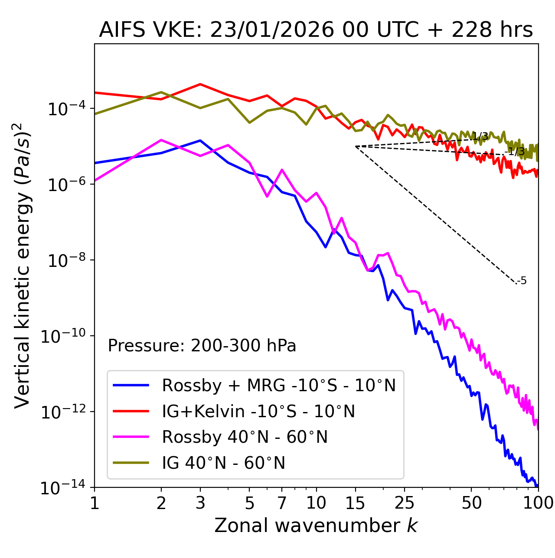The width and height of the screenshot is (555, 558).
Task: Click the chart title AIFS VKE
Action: coord(316,30)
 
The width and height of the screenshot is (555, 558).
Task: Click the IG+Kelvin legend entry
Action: coord(258,411)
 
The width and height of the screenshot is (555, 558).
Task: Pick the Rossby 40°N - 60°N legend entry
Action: coord(245,437)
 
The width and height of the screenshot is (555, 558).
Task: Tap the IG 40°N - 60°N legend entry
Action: coord(223,463)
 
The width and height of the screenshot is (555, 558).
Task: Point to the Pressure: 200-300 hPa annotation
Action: coord(202,346)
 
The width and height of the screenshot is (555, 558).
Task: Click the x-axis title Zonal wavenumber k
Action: coord(316,526)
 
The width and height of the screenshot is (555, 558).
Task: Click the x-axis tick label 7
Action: coord(282,503)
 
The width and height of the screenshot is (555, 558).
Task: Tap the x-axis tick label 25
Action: coord(405,503)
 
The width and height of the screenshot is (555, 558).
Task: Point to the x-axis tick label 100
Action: coord(538,503)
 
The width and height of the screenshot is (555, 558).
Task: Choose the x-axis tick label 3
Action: coord(200,503)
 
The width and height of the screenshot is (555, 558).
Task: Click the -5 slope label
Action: coord(522,281)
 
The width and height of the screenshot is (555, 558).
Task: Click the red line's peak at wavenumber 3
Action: coord(200,84)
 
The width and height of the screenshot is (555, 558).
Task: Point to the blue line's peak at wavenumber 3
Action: coord(200,140)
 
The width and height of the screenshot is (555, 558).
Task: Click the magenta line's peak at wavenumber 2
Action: coord(161,140)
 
